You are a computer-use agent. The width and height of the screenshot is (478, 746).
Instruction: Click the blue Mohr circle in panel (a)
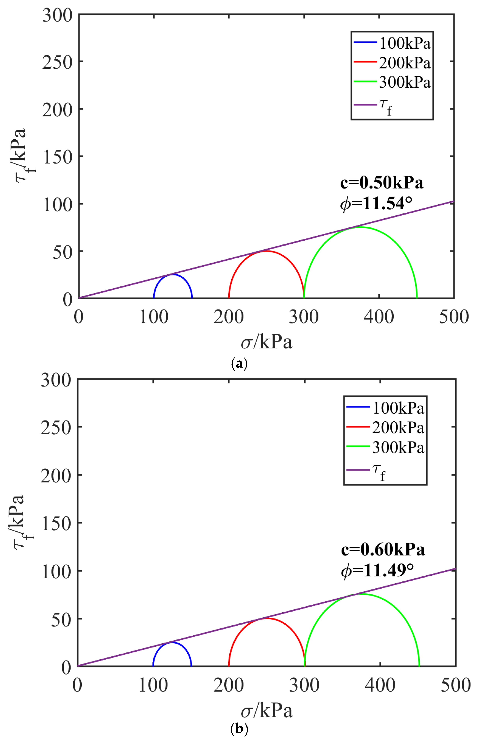[173, 275]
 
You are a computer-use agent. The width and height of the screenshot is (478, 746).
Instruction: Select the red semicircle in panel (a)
[266, 251]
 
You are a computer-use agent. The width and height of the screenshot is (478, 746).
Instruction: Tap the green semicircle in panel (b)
[362, 594]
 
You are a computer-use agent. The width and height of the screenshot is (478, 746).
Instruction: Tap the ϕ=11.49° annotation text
[377, 571]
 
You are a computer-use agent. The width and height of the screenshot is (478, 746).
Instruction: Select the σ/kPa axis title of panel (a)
[266, 342]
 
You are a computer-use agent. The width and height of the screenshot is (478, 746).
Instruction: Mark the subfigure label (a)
[239, 363]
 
